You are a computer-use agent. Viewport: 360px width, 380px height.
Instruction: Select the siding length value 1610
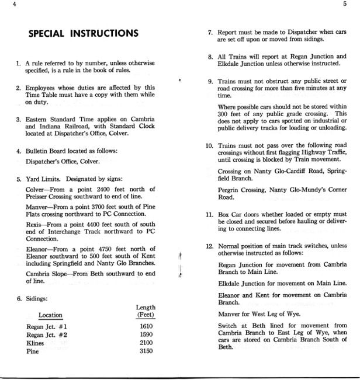[x=146, y=326]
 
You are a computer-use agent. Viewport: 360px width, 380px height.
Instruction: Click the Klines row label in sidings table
[x=36, y=343]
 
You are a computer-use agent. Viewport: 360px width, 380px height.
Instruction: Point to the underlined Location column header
[x=51, y=315]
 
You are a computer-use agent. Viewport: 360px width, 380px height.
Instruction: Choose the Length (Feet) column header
[x=145, y=311]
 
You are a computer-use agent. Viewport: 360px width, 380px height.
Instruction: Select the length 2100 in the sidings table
[x=146, y=343]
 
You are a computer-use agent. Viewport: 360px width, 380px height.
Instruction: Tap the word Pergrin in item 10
[x=230, y=190]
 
